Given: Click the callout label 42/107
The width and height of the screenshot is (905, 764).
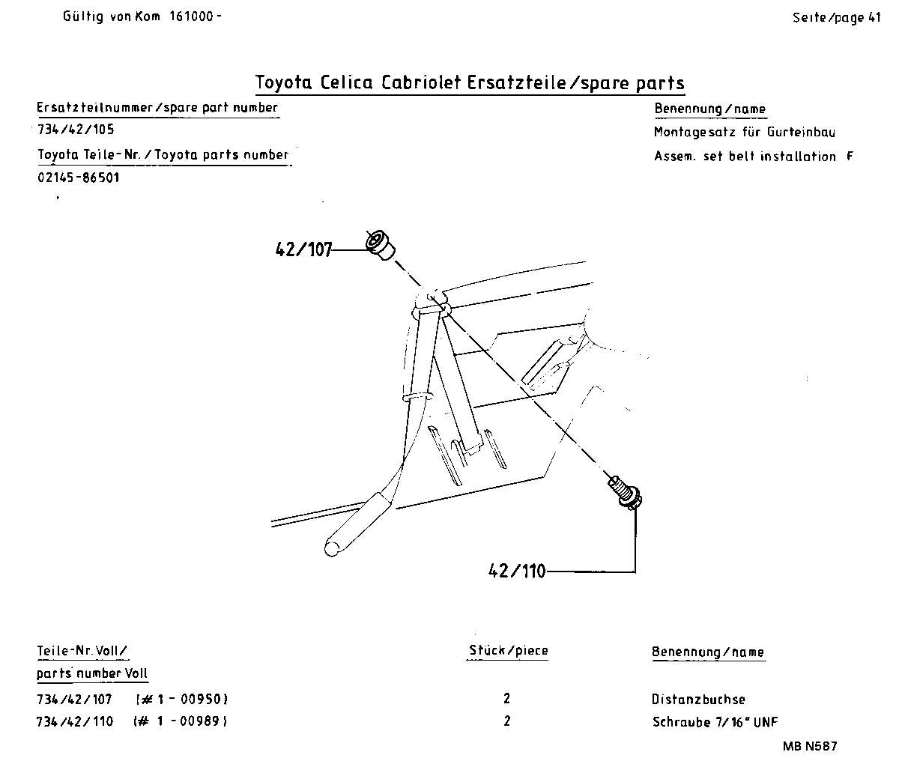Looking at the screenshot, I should coord(303,249).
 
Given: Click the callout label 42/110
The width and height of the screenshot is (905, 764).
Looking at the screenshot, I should coord(516,571).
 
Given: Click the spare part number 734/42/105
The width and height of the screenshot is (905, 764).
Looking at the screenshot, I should coord(76,129).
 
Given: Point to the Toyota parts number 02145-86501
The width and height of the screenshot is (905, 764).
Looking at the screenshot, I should coord(79,178).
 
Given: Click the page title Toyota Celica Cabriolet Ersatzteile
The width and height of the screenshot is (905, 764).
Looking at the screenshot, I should coord(470,82).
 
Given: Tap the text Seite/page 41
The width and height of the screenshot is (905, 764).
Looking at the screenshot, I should coord(836,18).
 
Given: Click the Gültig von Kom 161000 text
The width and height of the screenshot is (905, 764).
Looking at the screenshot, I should coord(142,16).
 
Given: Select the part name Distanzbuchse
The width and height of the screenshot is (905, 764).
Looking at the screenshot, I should coord(698,699).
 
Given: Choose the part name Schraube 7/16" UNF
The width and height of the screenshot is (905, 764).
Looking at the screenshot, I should coord(715,722).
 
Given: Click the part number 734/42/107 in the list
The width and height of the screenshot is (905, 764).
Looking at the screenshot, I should coord(75,699).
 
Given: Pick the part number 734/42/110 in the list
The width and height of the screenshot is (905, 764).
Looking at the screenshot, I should coord(75,721).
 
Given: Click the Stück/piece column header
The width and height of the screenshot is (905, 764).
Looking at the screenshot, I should coord(508,650).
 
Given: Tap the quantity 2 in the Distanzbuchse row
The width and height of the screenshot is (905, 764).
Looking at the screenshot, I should coord(507,698).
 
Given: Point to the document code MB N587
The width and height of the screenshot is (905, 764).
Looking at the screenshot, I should coord(810,746).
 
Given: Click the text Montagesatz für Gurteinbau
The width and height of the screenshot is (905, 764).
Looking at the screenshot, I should coord(744,133).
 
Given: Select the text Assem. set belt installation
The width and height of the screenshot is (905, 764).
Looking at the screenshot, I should coord(745,157).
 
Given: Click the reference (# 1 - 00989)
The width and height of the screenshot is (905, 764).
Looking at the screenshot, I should coord(180,721).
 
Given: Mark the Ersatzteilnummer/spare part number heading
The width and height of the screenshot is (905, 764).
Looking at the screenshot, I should coord(157,107).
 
